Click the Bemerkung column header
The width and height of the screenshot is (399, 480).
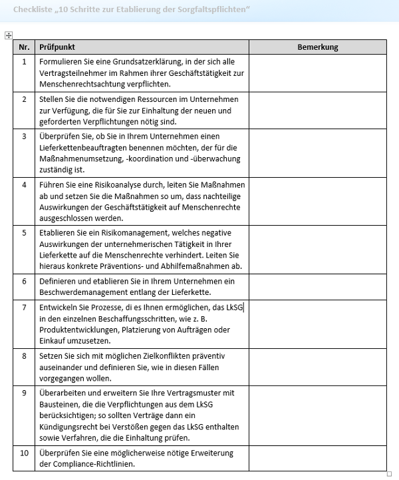(x=317, y=47)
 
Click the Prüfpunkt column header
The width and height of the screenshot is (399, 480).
(x=57, y=47)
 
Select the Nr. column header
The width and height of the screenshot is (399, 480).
(x=24, y=47)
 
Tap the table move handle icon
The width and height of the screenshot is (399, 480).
(x=8, y=35)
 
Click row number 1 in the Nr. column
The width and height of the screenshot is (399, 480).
(x=24, y=61)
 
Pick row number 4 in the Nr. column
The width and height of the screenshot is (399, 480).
(x=24, y=184)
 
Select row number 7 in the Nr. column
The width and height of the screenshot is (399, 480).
(x=24, y=307)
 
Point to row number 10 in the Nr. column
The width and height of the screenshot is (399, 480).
(x=24, y=453)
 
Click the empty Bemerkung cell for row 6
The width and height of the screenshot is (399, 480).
(x=317, y=286)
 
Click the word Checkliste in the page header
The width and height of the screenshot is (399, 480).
(x=32, y=9)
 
